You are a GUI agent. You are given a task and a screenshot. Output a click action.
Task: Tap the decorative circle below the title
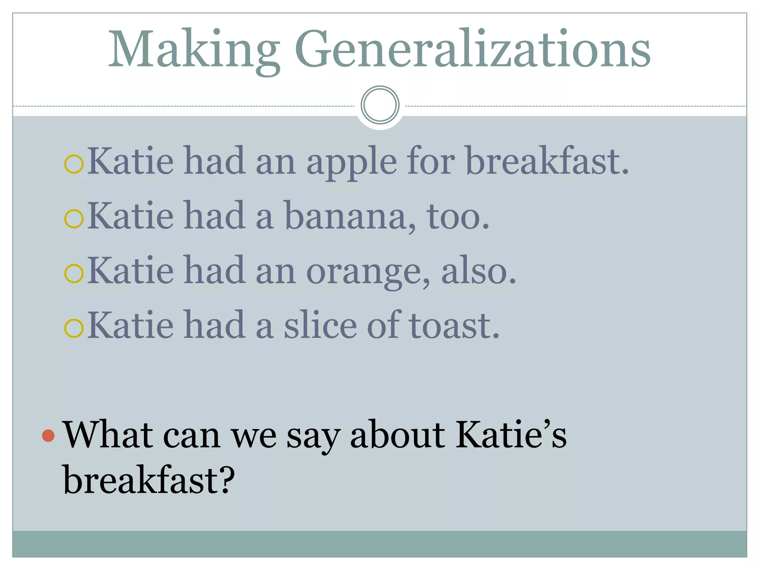pyautogui.click(x=380, y=105)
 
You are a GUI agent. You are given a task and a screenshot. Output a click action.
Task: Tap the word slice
pyautogui.click(x=321, y=326)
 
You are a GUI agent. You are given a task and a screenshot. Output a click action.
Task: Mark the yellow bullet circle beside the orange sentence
pyautogui.click(x=73, y=273)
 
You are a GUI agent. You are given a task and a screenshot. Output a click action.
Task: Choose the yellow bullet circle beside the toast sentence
pyautogui.click(x=73, y=328)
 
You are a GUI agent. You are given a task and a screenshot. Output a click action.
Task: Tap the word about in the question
pyautogui.click(x=397, y=435)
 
